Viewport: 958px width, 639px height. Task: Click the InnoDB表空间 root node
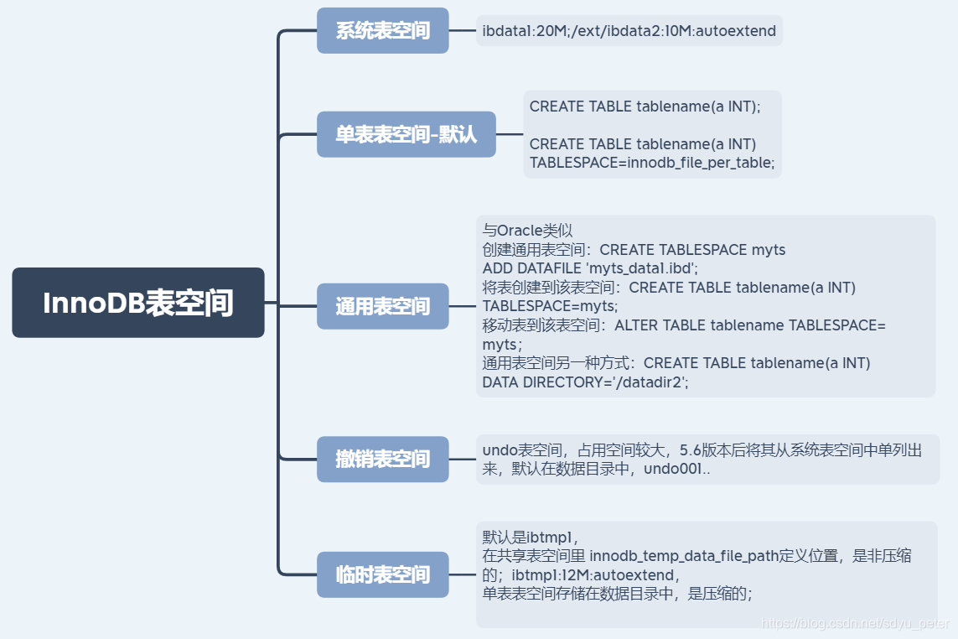point(138,303)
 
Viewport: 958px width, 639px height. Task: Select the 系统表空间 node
point(382,31)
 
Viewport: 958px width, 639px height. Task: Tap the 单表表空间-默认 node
point(406,134)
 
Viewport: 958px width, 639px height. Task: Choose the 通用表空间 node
point(382,306)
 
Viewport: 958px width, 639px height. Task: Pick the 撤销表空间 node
point(382,459)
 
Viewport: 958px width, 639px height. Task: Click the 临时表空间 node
point(382,574)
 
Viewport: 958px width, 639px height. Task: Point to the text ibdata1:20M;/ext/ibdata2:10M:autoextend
point(629,32)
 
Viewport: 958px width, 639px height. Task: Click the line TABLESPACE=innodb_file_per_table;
point(652,163)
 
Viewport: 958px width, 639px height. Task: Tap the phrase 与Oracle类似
point(527,231)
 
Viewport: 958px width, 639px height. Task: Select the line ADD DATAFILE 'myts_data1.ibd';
point(590,268)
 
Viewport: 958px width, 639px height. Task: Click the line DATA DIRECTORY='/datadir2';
point(585,382)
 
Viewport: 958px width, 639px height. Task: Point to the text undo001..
point(676,470)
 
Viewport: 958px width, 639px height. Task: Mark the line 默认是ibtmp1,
point(531,537)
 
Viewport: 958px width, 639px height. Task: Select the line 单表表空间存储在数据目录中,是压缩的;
point(617,594)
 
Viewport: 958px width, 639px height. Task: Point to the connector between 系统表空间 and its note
point(462,31)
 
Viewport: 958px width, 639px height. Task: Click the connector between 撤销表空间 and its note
point(462,459)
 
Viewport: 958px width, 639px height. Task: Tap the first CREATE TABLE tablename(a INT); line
point(645,106)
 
